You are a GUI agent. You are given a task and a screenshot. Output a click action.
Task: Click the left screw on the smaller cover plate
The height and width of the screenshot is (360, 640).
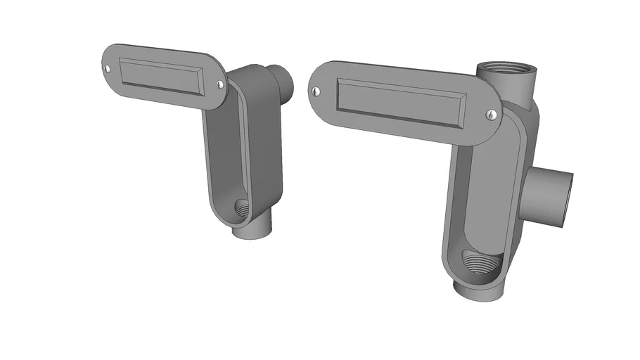(x=108, y=68)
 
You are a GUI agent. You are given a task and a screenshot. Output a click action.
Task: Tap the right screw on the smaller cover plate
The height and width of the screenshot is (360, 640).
(x=220, y=84)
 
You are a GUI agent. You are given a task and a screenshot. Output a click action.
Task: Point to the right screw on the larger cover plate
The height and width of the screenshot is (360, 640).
(x=489, y=113)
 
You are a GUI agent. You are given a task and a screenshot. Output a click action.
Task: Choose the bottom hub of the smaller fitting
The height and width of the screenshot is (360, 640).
(x=250, y=231)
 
